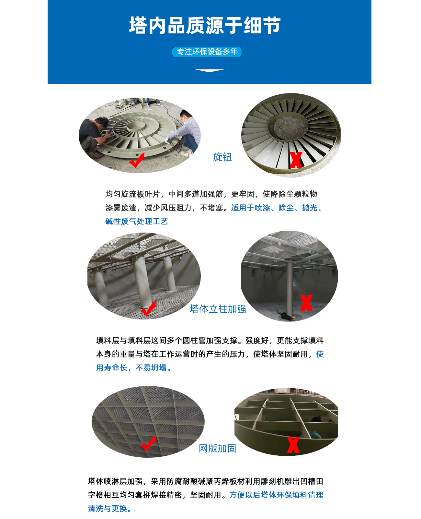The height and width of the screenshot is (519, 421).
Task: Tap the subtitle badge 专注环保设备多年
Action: [207, 52]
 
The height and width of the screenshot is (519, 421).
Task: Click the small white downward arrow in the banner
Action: [209, 70]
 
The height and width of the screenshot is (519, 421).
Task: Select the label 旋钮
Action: [222, 157]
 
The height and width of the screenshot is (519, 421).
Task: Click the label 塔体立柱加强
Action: [218, 309]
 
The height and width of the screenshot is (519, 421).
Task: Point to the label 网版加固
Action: [217, 448]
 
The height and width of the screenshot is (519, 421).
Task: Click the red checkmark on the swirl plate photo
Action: [137, 160]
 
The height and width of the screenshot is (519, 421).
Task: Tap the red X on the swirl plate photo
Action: [296, 160]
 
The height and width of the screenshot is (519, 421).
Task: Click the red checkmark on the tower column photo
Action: [148, 308]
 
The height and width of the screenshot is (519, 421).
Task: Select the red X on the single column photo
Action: [306, 303]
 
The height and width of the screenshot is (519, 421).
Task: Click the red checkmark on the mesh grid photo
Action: [149, 443]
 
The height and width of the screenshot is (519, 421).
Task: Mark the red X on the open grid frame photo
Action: [293, 445]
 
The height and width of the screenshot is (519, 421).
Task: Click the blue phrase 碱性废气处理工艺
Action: [137, 221]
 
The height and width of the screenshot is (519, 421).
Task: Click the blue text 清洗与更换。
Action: [110, 508]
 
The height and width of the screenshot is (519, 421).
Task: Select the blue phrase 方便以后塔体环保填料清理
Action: [276, 495]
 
